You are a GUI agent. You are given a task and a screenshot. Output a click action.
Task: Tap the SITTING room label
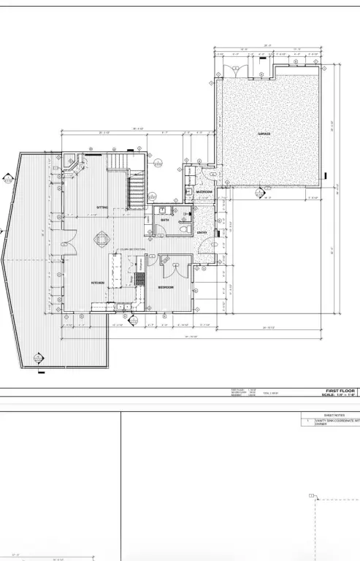102,207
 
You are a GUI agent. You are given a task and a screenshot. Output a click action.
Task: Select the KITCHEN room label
97,283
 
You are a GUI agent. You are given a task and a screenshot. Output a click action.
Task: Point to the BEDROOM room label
166,288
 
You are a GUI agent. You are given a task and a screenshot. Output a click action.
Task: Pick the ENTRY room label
202,233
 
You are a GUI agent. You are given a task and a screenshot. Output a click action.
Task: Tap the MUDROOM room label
204,191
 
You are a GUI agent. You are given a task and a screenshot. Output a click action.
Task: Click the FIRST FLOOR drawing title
340,391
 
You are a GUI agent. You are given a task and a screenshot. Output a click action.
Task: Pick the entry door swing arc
207,250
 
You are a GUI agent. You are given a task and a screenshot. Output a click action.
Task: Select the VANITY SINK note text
337,422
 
